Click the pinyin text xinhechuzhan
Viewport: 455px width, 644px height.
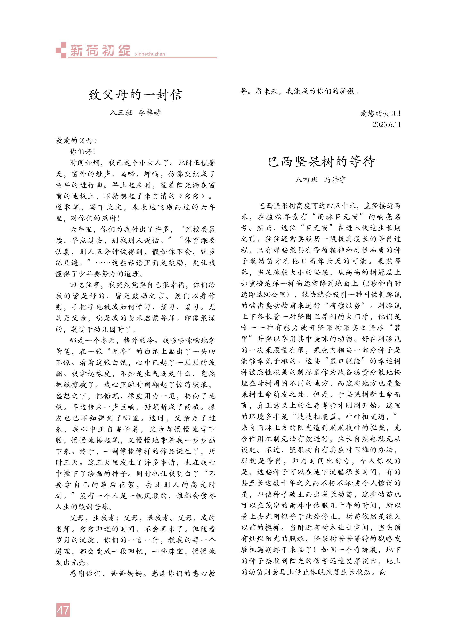pos(150,54)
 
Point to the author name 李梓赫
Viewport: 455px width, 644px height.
pos(150,113)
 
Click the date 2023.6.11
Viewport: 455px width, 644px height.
pos(386,125)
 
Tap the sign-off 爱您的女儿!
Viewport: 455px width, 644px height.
pos(380,113)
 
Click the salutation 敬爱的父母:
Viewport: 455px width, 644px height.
pos(76,141)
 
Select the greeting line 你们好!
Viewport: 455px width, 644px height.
pos(82,152)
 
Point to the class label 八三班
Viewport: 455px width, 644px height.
pos(121,113)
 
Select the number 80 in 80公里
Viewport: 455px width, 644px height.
pos(267,295)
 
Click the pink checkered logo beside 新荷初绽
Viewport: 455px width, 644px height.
pos(61,50)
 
